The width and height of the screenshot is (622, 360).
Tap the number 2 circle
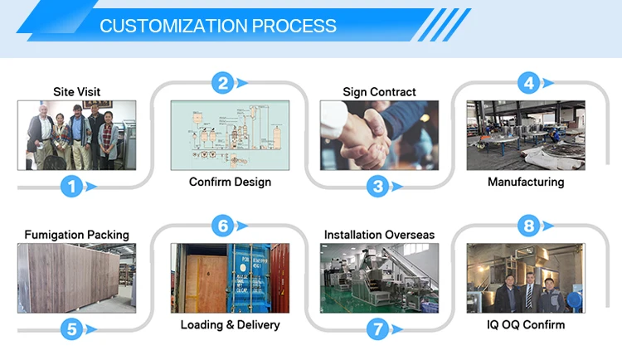(x=222, y=82)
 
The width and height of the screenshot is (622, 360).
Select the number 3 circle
(x=378, y=187)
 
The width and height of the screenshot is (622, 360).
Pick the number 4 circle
(x=528, y=82)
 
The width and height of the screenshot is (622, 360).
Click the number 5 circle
(x=72, y=329)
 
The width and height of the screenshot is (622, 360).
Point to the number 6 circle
(x=221, y=225)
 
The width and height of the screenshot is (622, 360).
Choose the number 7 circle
(x=378, y=329)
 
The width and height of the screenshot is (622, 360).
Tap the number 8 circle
(x=528, y=225)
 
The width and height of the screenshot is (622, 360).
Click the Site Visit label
(x=76, y=92)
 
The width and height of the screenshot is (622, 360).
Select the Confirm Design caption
(x=230, y=182)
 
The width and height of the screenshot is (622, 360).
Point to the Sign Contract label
(x=379, y=92)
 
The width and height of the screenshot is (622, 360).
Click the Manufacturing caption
(x=526, y=182)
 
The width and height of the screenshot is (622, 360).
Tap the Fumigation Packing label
(x=76, y=235)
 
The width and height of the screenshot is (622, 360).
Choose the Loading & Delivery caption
(x=230, y=324)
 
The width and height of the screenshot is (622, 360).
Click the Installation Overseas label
(x=379, y=235)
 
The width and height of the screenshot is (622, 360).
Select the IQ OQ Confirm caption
(x=526, y=324)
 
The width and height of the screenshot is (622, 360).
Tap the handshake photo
(x=379, y=136)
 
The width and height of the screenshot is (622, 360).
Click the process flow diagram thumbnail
(x=230, y=136)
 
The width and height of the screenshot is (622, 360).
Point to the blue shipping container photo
(x=230, y=278)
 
